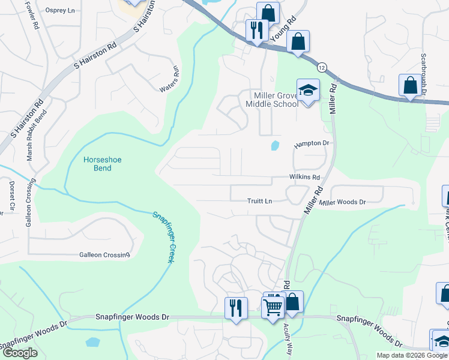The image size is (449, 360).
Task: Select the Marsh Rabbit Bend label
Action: (x=30, y=134)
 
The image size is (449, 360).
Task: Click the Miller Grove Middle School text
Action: (x=271, y=100)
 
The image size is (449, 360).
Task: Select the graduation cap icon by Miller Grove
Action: (x=308, y=91)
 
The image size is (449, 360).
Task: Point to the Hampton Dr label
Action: (x=312, y=144)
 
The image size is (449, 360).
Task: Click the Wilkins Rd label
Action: (x=304, y=178)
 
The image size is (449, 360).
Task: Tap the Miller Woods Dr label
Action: (x=342, y=203)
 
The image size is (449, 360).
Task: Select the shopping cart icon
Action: (x=274, y=305)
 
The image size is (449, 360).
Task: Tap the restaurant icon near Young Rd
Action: (x=257, y=30)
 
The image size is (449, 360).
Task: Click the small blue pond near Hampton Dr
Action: (x=275, y=145)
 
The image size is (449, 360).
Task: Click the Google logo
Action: (x=19, y=353)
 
